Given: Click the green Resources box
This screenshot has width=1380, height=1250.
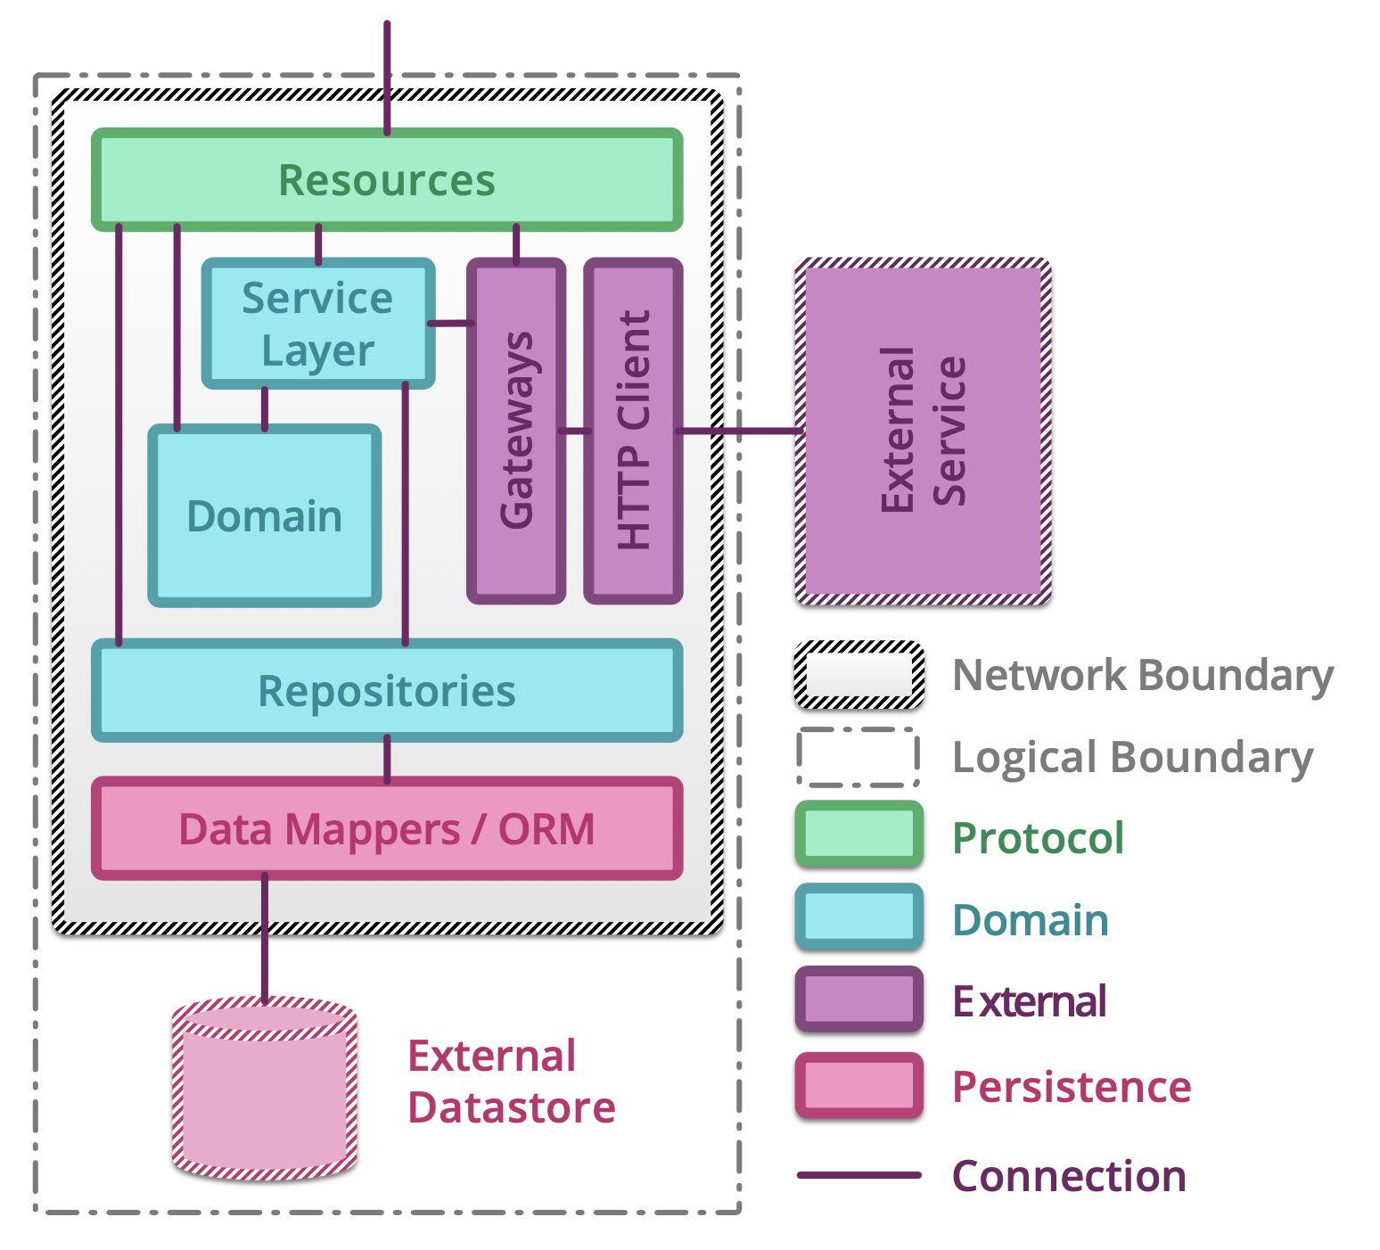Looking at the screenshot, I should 387,180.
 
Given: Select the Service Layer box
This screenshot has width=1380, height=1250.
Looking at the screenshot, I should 318,324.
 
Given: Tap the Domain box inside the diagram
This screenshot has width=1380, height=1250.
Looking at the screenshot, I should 265,516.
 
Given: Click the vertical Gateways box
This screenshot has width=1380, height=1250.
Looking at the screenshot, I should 516,431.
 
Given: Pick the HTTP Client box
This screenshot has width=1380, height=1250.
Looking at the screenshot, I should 633,431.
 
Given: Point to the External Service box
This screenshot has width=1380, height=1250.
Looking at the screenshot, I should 923,431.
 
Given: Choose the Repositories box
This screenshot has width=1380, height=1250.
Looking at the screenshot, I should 387,691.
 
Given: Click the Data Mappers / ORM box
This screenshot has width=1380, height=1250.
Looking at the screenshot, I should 387,829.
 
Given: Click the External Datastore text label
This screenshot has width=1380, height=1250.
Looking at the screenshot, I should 511,1081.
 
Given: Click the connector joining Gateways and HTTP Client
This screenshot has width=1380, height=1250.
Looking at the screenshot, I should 575,431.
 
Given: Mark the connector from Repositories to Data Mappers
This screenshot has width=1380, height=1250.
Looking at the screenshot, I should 387,759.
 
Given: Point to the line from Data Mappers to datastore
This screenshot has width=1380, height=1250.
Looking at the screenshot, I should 265,936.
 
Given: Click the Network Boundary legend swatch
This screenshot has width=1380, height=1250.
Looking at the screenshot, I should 858,675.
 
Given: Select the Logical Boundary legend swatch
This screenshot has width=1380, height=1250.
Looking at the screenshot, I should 858,757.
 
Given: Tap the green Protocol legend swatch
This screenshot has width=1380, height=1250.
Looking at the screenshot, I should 858,835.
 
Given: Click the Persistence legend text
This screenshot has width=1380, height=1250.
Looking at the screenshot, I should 1072,1087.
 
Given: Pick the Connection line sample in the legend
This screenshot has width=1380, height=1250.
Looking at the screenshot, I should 858,1175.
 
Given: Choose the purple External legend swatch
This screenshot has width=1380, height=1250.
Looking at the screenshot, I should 858,999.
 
